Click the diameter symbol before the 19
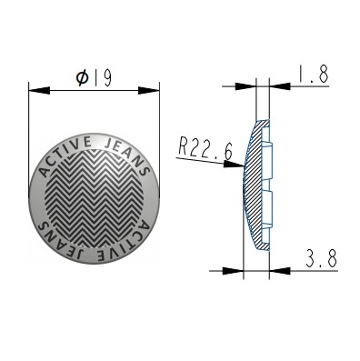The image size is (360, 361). coord(82,78)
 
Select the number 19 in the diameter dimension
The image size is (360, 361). coord(103,79)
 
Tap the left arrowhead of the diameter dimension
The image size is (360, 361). coord(39,90)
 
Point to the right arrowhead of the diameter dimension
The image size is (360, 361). coord(149,90)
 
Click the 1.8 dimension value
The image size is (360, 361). coord(313,75)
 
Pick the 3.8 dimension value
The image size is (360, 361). coord(322,259)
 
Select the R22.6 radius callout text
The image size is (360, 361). coord(205,150)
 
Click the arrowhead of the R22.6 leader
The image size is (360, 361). coord(234,164)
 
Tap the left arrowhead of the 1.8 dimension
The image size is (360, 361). coord(245,86)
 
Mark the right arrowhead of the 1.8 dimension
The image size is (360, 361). coord(280,86)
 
